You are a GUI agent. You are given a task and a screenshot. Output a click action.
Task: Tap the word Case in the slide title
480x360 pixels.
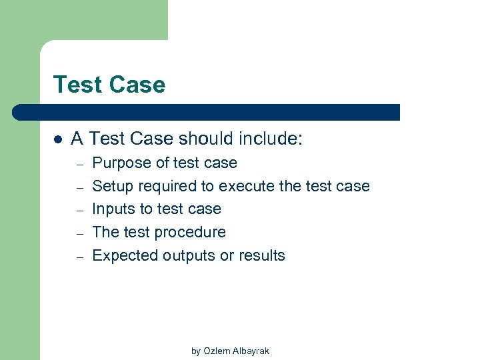click(x=136, y=85)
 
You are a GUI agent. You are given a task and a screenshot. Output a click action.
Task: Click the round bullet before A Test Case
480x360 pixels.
click(x=58, y=139)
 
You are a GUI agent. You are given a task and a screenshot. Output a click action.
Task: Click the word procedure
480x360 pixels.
click(x=194, y=233)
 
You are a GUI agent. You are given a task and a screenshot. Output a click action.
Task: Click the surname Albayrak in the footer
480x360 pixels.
click(x=251, y=351)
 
